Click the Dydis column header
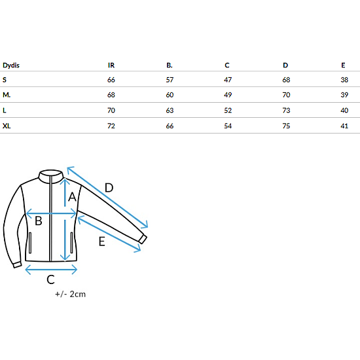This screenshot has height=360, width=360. (11, 65)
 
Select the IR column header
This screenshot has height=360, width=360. (111, 65)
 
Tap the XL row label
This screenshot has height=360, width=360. (7, 126)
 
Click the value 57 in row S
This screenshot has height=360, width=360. (170, 80)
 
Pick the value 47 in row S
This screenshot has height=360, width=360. (228, 80)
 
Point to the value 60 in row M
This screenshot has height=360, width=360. (170, 95)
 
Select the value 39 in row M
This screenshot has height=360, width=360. (344, 95)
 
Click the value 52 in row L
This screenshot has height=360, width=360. (228, 111)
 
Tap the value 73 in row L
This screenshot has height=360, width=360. (286, 111)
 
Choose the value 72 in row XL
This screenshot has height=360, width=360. (111, 126)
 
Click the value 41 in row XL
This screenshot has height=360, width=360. (344, 126)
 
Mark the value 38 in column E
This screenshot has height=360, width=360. (344, 80)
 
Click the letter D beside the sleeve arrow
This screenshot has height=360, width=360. (109, 188)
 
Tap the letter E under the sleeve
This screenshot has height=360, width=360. (102, 242)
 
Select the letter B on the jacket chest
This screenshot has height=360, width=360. (39, 221)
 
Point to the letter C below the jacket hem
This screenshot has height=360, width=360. (51, 279)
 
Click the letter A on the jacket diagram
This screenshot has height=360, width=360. (72, 197)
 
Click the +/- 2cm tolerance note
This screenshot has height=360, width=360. (71, 294)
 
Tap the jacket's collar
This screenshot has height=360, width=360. (51, 176)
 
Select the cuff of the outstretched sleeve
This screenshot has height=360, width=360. (143, 239)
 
